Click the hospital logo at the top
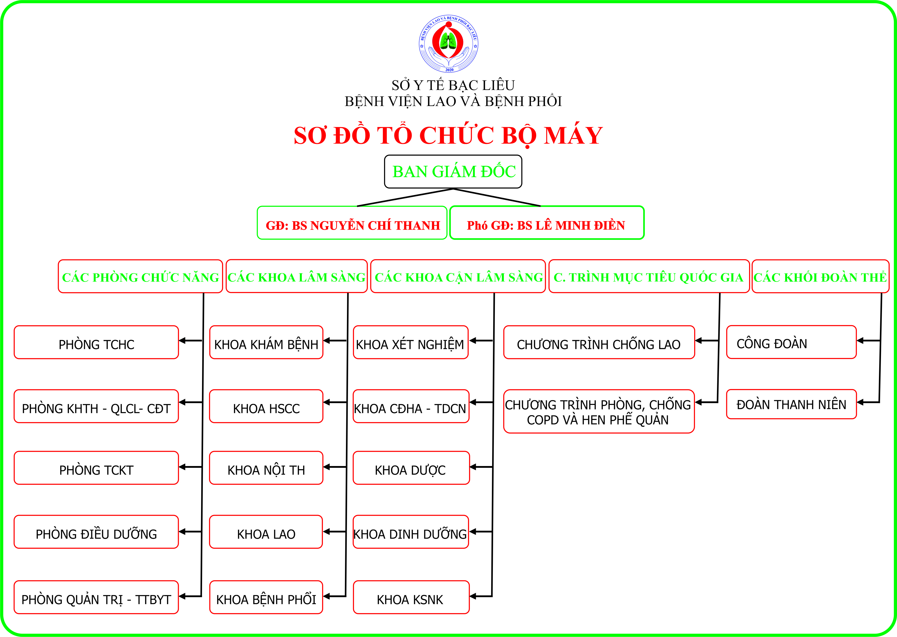(x=449, y=44)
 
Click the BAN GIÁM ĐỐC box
(x=453, y=171)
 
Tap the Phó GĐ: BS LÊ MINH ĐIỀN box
(x=547, y=222)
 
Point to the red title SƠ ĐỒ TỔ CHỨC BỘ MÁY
(x=448, y=135)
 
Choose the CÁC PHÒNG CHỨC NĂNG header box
(x=140, y=277)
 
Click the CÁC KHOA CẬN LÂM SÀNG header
(x=458, y=276)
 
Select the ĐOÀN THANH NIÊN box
(x=791, y=404)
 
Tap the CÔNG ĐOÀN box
(x=791, y=342)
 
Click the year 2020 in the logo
(x=449, y=70)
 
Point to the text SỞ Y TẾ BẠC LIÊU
(x=453, y=85)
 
